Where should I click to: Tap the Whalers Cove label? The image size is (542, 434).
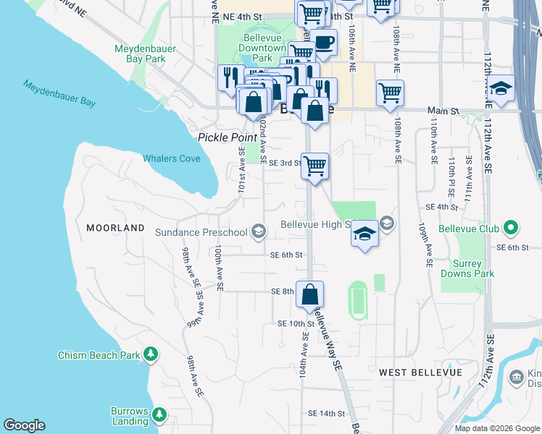[171, 158]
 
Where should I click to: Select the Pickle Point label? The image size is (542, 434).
[228, 137]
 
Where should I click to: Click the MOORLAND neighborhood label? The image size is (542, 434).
[116, 228]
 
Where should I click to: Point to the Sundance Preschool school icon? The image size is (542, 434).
[257, 232]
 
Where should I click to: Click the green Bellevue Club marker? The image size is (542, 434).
[511, 229]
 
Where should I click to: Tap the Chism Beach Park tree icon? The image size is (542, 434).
[150, 354]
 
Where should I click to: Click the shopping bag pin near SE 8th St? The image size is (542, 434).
[309, 294]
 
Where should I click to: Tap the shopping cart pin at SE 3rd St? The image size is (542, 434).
[314, 166]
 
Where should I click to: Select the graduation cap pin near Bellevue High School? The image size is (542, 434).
[365, 234]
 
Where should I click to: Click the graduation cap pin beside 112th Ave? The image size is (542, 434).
[501, 88]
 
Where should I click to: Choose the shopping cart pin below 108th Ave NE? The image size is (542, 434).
[390, 93]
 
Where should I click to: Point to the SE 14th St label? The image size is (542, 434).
[326, 413]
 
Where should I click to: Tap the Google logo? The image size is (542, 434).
[24, 425]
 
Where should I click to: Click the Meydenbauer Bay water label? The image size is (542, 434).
[59, 93]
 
